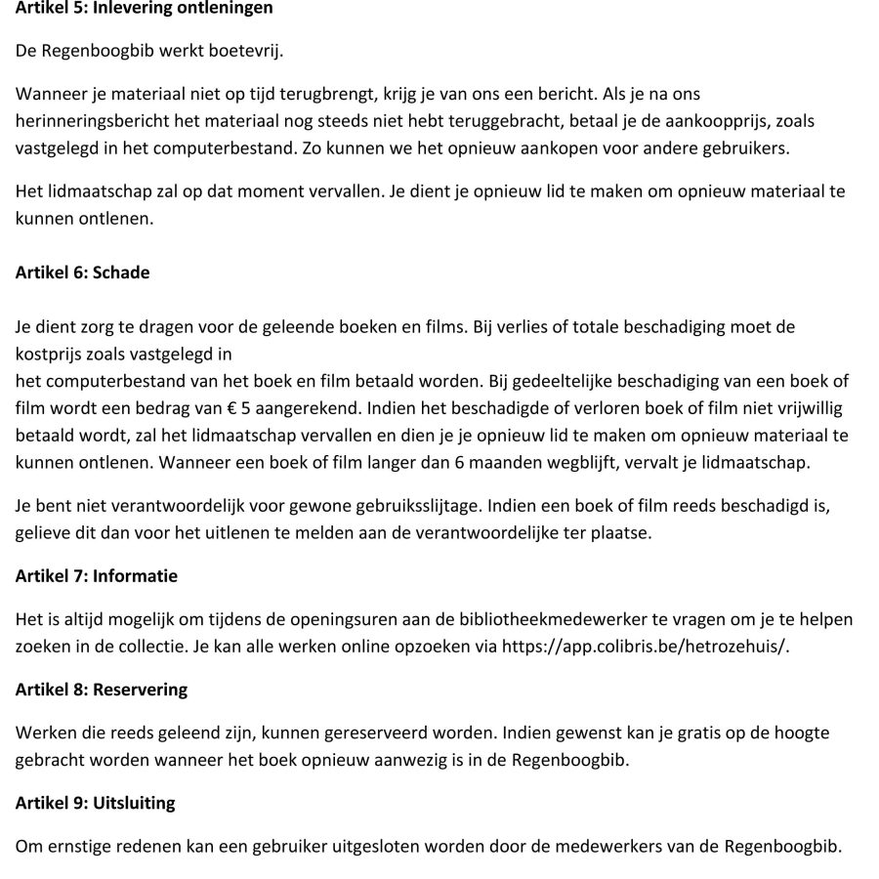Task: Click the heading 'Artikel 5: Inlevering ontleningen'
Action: (145, 9)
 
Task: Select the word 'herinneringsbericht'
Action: (83, 120)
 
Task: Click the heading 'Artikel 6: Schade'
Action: (83, 272)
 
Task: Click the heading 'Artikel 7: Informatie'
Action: (97, 576)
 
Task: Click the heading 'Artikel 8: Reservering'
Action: (102, 690)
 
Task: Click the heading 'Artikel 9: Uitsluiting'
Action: (96, 804)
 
